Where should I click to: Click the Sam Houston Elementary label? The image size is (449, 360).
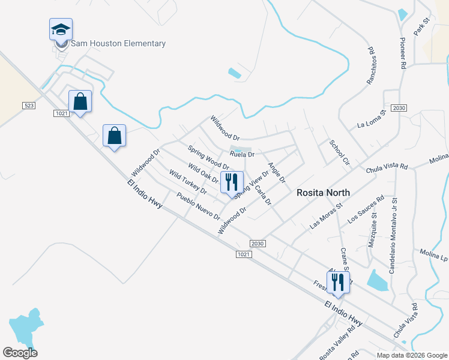pyautogui.click(x=118, y=43)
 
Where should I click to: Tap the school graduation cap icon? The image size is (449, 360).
pyautogui.click(x=60, y=29)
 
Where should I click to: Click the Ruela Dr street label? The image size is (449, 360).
pyautogui.click(x=243, y=154)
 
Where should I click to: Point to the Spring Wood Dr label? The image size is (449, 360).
pyautogui.click(x=208, y=157)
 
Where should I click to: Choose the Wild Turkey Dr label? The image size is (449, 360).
pyautogui.click(x=188, y=182)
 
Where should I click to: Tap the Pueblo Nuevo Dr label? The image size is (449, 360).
pyautogui.click(x=198, y=206)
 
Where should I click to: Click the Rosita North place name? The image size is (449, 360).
pyautogui.click(x=324, y=193)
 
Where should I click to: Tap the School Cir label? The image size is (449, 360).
pyautogui.click(x=339, y=152)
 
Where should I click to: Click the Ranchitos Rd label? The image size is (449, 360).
pyautogui.click(x=372, y=64)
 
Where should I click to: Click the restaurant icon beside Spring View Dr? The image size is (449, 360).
pyautogui.click(x=232, y=182)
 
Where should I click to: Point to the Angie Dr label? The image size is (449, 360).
pyautogui.click(x=277, y=173)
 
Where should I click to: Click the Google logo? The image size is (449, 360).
pyautogui.click(x=20, y=353)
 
